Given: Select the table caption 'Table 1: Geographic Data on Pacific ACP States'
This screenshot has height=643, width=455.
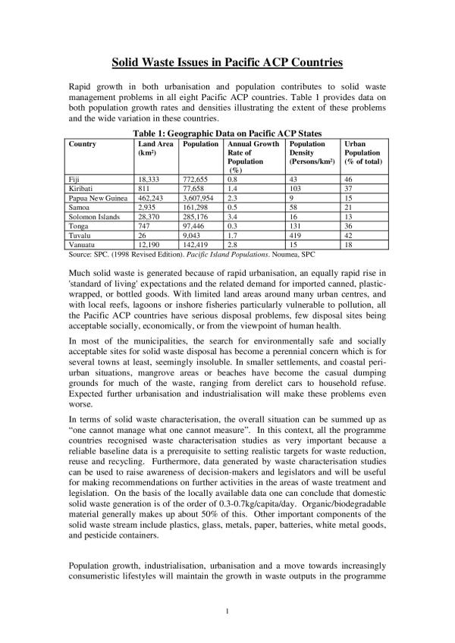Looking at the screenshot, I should tap(227, 133).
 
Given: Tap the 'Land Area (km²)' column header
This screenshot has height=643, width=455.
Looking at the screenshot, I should tap(153, 148).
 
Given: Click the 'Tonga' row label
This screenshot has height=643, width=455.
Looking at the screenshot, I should tap(78, 225).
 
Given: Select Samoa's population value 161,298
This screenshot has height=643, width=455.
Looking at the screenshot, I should tap(195, 207).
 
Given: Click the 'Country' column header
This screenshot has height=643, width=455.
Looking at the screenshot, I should tap(83, 143).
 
